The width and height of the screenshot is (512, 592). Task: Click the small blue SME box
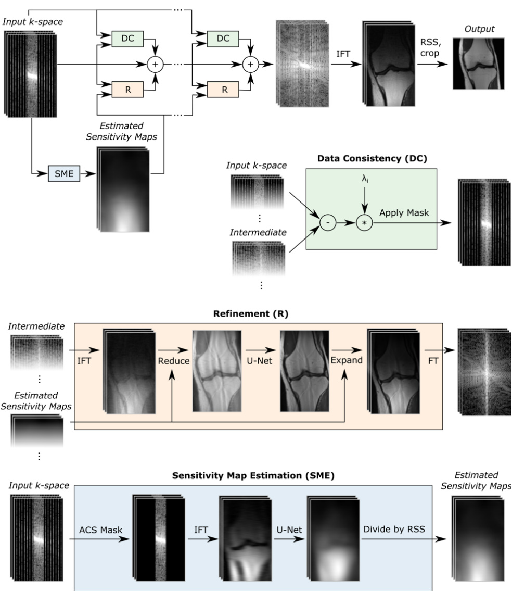click(x=62, y=172)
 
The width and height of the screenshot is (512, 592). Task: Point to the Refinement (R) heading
click(x=258, y=314)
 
